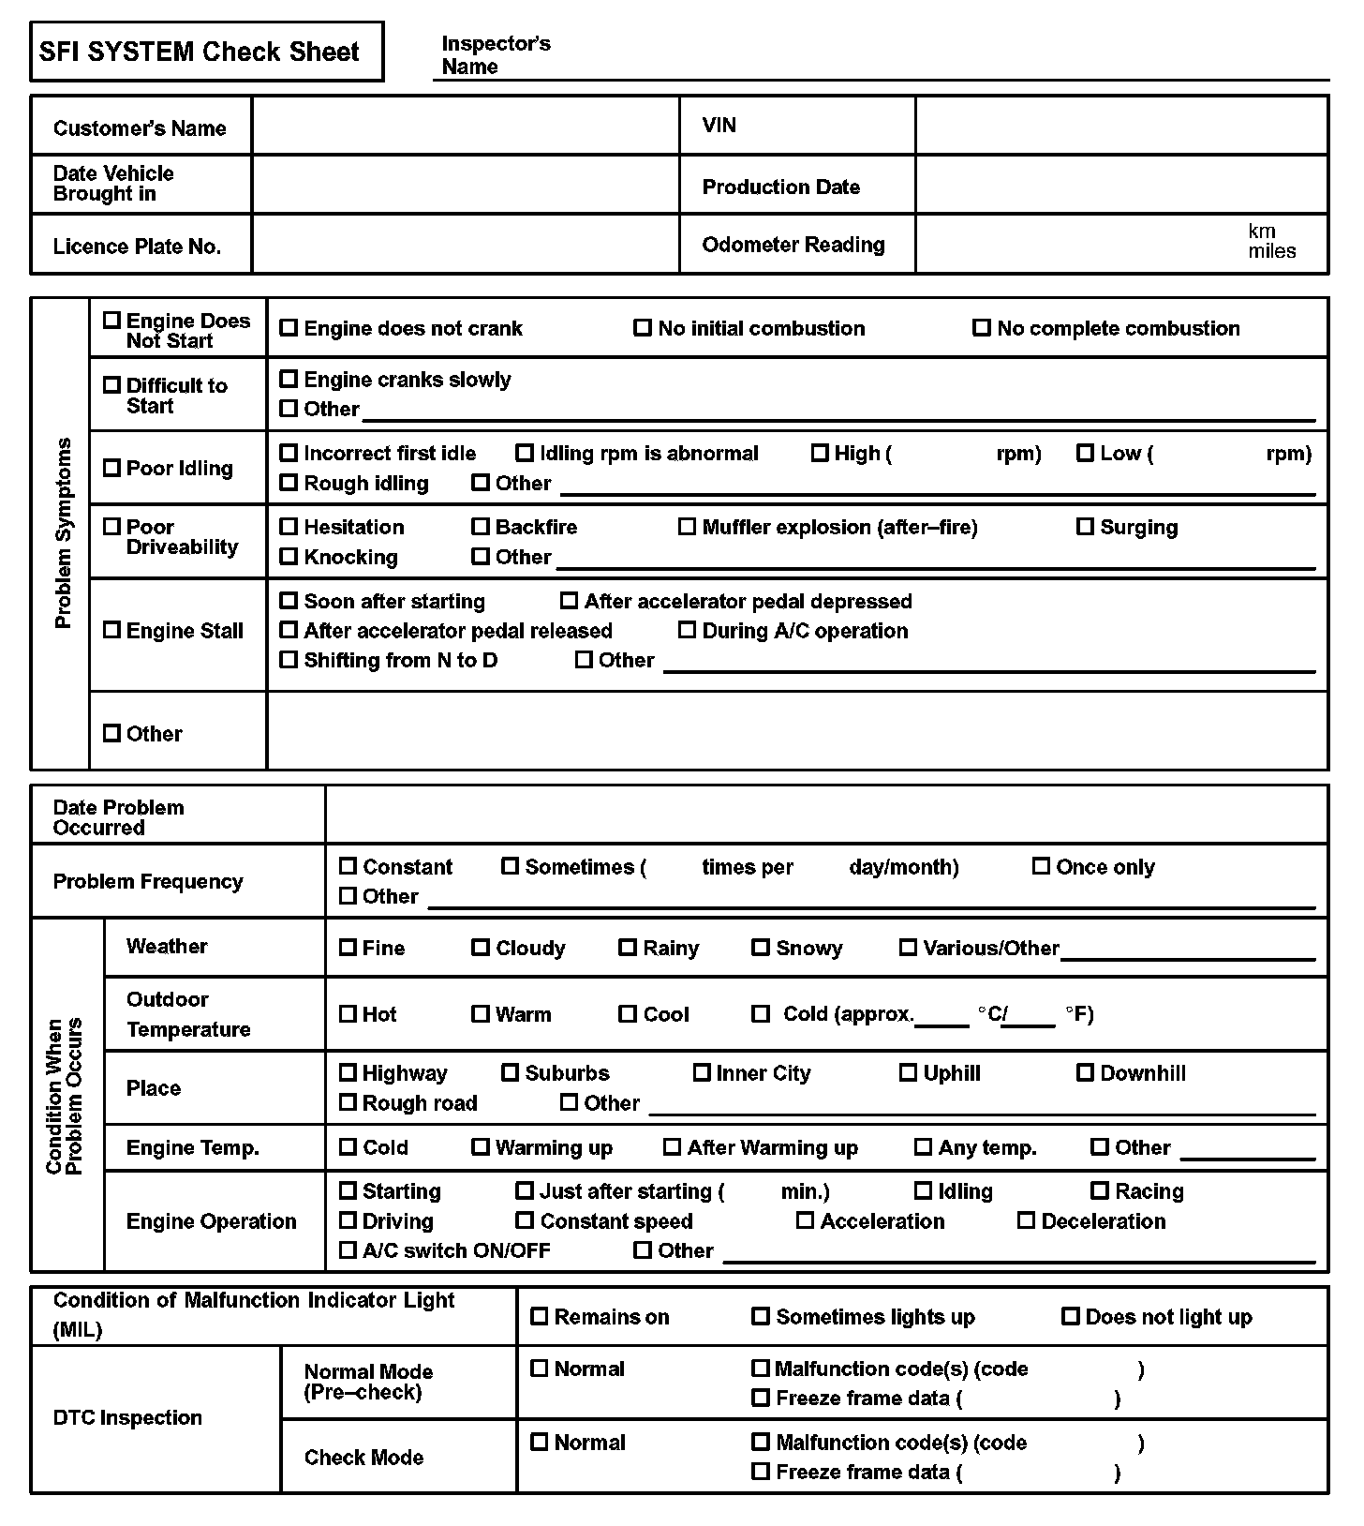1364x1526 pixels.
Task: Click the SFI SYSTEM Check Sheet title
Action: click(x=199, y=52)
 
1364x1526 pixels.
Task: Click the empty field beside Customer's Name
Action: click(x=465, y=127)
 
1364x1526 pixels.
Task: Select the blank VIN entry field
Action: click(x=1120, y=126)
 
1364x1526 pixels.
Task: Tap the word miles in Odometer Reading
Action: click(x=1271, y=251)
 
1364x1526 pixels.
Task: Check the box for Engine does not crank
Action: click(x=289, y=328)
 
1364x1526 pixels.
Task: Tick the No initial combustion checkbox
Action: click(x=643, y=328)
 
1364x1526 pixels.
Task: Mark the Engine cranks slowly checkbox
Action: click(x=289, y=380)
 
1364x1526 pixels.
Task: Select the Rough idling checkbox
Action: click(x=289, y=483)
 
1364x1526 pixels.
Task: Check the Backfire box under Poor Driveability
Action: click(x=481, y=527)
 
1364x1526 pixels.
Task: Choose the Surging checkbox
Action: click(x=1085, y=527)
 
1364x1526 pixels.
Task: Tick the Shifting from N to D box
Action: click(x=289, y=660)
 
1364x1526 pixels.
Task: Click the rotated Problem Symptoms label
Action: click(x=63, y=532)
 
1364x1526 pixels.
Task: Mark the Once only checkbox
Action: click(x=1041, y=866)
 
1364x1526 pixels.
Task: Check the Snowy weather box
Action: click(x=761, y=948)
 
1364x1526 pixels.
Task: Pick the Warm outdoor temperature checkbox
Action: click(x=481, y=1013)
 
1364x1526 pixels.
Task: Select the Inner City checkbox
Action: click(x=702, y=1072)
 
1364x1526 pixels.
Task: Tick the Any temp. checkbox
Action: click(x=923, y=1146)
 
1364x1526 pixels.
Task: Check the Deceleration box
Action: click(x=1026, y=1220)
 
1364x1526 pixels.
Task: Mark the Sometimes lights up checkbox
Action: click(x=761, y=1317)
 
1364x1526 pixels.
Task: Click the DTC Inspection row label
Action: click(x=127, y=1417)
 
